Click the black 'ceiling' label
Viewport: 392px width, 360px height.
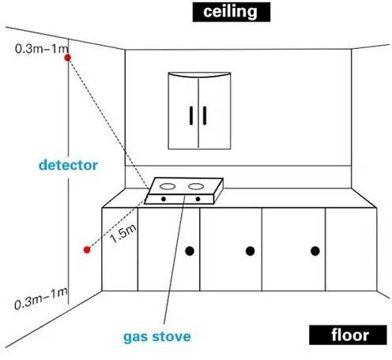[x=232, y=12]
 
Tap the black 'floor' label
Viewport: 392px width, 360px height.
[x=348, y=335]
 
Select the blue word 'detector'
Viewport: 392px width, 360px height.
[x=68, y=165]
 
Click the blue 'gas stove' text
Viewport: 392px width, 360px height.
[x=157, y=337]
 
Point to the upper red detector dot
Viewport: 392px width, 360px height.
[x=68, y=58]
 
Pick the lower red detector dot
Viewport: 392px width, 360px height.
[x=87, y=249]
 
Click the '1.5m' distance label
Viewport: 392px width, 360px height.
[x=123, y=234]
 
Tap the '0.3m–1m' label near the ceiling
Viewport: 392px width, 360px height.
[x=42, y=49]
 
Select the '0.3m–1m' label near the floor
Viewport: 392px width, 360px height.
[x=41, y=299]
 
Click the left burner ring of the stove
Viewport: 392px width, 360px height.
[x=168, y=186]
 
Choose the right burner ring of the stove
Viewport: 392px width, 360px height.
[x=196, y=186]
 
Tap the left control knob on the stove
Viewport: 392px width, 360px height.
[x=164, y=199]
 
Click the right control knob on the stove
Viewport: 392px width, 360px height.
[x=198, y=199]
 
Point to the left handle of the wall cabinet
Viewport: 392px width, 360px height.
[x=191, y=115]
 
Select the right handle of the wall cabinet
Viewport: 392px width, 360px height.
[x=205, y=115]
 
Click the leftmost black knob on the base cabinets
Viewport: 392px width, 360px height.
[x=190, y=251]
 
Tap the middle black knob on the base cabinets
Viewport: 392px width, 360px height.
[x=250, y=251]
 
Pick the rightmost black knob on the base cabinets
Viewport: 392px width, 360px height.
[x=315, y=251]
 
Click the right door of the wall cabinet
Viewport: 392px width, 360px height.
[x=215, y=112]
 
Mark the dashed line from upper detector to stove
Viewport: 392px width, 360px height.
[x=108, y=123]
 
